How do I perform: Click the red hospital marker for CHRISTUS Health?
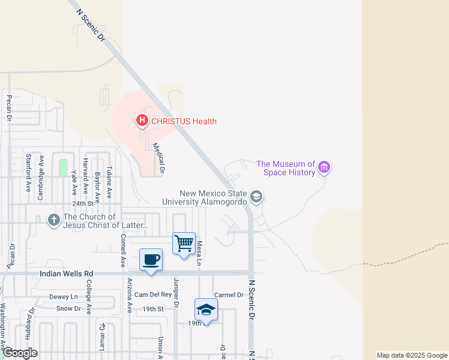click(x=142, y=121)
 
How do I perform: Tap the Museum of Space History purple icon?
click(x=324, y=167)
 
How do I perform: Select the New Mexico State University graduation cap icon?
click(x=256, y=197)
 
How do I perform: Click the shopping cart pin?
click(x=184, y=244)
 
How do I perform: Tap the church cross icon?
click(x=54, y=220)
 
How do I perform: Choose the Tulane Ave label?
click(x=109, y=182)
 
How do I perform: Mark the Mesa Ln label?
click(x=199, y=253)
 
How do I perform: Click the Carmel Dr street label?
click(x=229, y=295)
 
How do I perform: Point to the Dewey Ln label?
click(x=64, y=297)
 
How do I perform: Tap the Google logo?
click(x=20, y=353)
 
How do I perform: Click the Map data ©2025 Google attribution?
click(x=411, y=355)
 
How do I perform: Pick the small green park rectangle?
click(x=63, y=167)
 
